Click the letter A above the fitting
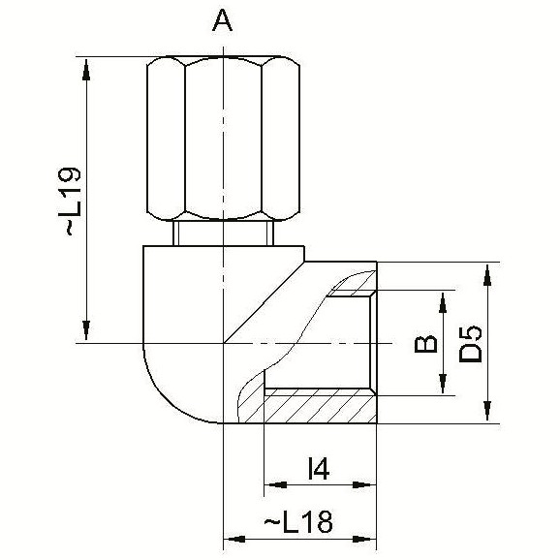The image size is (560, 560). point(222,20)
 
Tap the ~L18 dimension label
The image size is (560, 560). point(298,522)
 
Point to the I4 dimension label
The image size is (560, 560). point(318,469)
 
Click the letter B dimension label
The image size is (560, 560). point(425,344)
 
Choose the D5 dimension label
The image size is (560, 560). point(470,343)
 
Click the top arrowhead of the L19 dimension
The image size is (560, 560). point(86,71)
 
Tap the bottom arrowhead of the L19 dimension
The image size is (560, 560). point(86,329)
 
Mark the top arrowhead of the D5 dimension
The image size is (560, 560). point(487,275)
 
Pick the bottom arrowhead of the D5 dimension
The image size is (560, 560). point(487,411)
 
